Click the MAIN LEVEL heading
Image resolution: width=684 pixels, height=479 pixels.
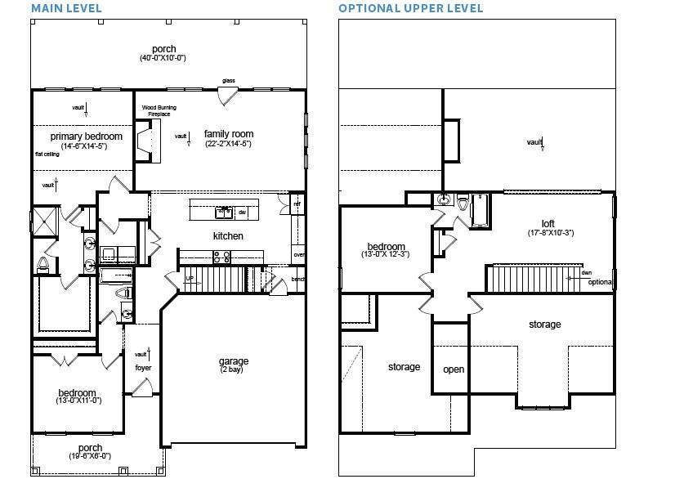[67, 8]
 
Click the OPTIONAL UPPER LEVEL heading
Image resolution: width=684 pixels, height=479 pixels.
[410, 8]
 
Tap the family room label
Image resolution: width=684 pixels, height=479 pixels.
[229, 134]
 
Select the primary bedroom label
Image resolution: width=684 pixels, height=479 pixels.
[86, 136]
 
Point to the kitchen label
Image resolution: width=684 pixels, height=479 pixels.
[229, 236]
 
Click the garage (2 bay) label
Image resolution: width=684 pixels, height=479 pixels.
[233, 361]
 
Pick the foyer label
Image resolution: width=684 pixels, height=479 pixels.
[143, 368]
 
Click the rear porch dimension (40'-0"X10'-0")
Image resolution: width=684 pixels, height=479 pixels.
[163, 59]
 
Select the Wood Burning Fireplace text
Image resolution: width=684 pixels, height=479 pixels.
[159, 110]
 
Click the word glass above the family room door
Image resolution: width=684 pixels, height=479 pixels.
[229, 80]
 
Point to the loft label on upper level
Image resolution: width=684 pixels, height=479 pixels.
[548, 223]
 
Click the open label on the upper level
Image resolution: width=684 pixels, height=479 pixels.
[454, 369]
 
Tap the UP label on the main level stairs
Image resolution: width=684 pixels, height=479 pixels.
[190, 278]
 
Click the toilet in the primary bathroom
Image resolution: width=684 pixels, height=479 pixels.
[42, 263]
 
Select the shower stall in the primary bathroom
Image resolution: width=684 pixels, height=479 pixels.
[42, 221]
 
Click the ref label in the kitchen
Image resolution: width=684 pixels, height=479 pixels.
[297, 204]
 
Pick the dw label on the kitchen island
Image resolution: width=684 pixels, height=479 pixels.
[243, 212]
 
